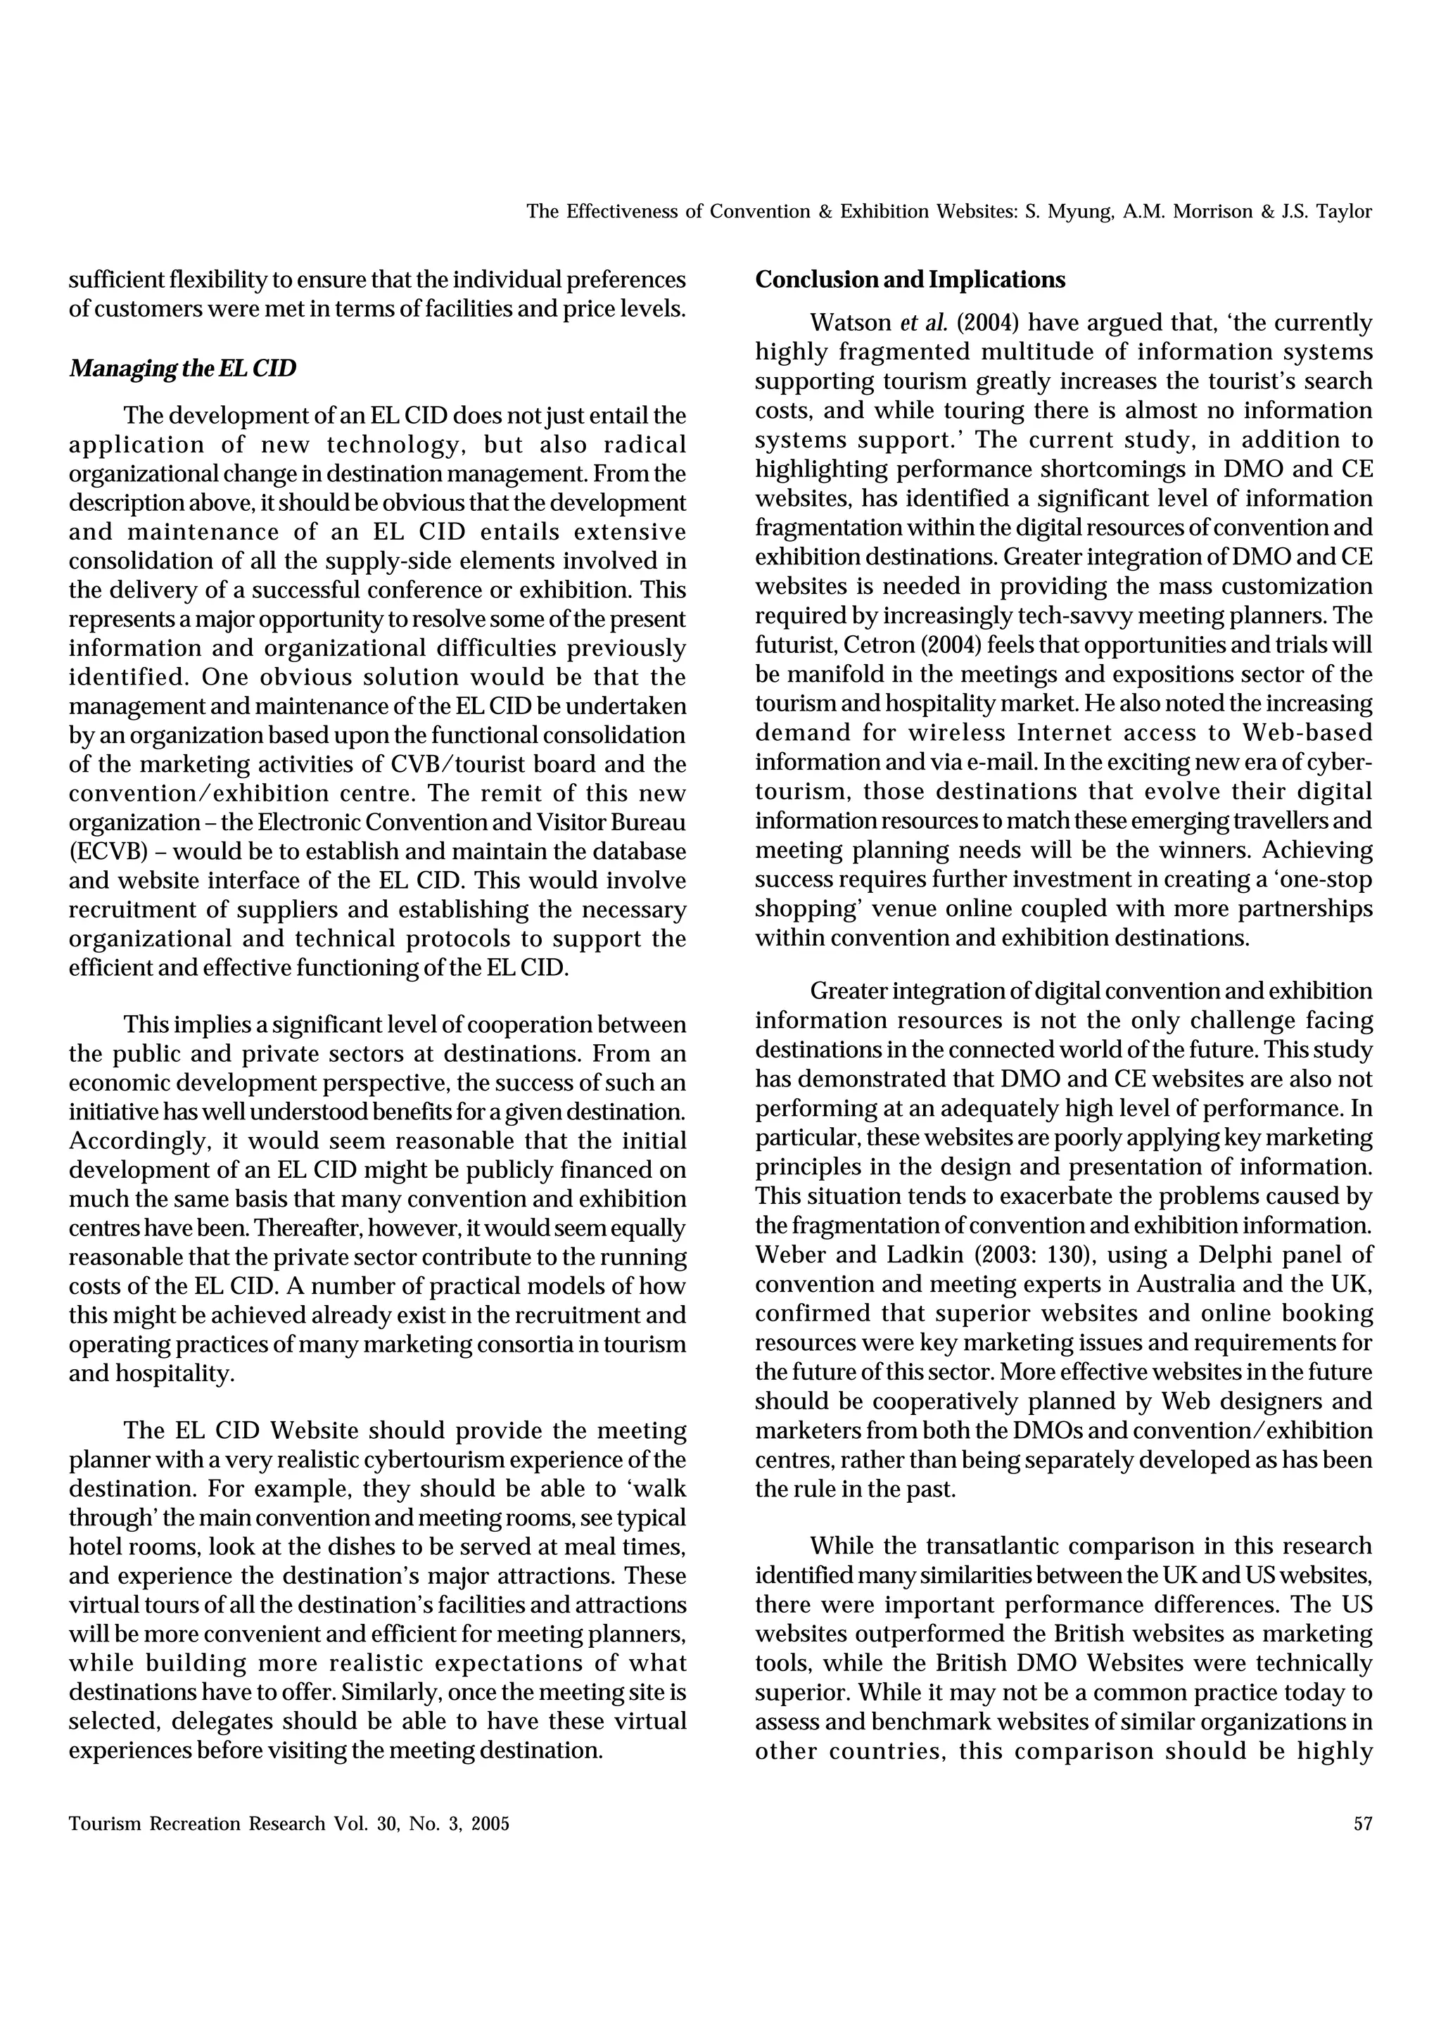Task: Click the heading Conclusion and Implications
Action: (909, 280)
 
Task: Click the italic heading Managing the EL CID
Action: (182, 368)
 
